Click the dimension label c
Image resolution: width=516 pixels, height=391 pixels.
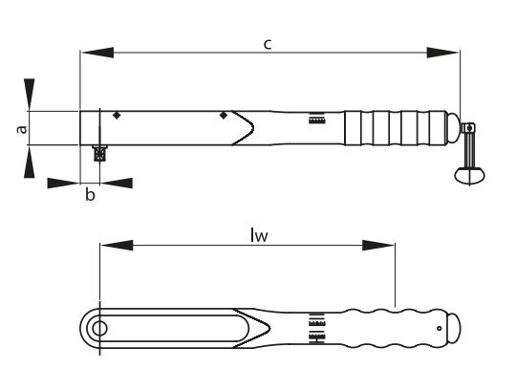tap(268, 44)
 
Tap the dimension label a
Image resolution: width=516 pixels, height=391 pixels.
tap(21, 129)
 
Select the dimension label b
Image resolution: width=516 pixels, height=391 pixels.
tap(90, 194)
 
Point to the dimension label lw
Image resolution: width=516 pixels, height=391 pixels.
tap(259, 235)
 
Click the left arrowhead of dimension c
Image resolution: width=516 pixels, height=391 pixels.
tap(97, 53)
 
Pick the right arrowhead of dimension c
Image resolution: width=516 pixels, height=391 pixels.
tap(442, 53)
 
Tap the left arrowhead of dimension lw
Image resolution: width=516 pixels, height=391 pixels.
tap(117, 245)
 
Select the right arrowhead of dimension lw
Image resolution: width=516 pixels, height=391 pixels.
tap(378, 245)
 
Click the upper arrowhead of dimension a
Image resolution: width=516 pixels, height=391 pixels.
tap(30, 94)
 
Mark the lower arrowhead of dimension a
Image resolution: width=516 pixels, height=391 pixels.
tap(30, 162)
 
